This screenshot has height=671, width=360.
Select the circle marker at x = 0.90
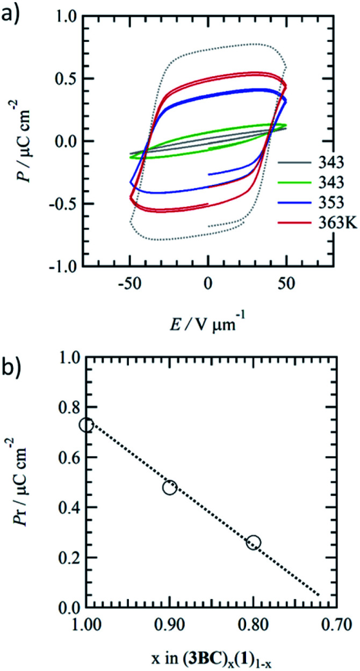(x=170, y=473)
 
